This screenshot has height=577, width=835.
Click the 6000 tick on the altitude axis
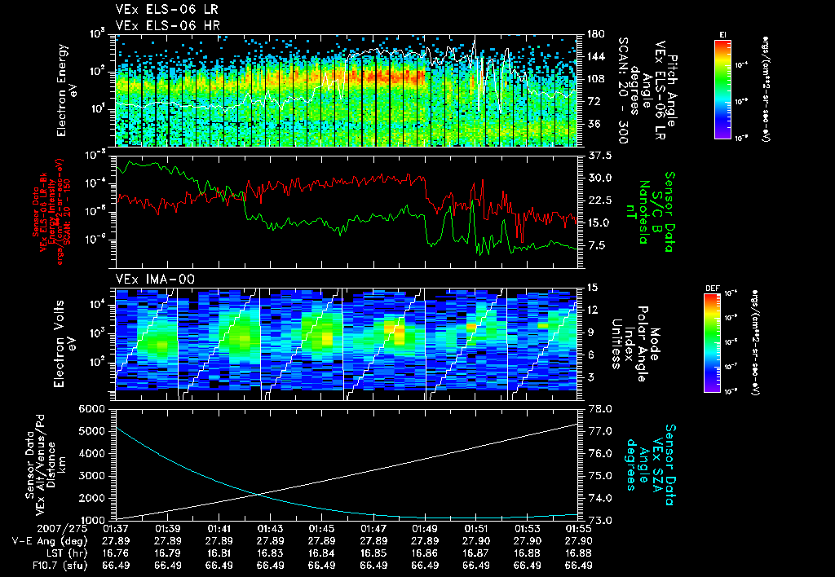pos(92,408)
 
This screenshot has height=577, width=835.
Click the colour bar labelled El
pos(722,86)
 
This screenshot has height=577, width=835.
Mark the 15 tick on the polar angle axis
pos(592,288)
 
